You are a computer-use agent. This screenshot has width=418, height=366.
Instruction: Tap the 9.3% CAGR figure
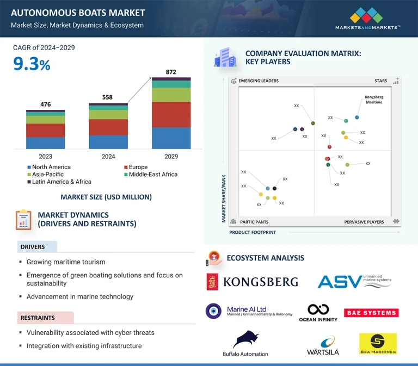click(x=32, y=65)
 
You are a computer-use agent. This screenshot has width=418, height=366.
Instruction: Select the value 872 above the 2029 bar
click(x=171, y=72)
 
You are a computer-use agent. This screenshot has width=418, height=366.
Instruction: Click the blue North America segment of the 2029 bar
click(x=171, y=138)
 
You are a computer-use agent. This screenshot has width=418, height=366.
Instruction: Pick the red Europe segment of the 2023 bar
click(x=45, y=131)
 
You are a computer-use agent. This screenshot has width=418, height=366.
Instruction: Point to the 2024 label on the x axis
click(x=108, y=157)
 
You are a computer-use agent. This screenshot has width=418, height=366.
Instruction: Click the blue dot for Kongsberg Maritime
click(x=357, y=117)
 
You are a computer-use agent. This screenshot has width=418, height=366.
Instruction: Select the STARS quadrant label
click(x=381, y=81)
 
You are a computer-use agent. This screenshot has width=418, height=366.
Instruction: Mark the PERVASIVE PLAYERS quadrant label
click(x=364, y=222)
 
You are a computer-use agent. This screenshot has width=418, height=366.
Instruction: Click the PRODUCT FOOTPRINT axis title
click(x=252, y=232)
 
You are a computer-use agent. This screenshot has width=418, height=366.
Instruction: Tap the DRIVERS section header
click(x=33, y=247)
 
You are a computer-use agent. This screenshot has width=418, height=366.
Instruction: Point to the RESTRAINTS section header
click(x=38, y=318)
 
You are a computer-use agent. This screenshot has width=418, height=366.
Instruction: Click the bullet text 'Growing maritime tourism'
click(x=66, y=262)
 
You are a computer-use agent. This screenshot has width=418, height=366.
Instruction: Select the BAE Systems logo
click(x=371, y=313)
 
